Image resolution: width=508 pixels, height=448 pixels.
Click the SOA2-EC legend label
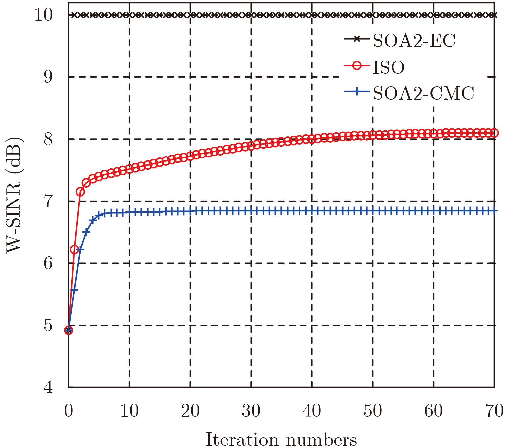414,41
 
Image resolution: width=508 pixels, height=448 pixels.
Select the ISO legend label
389,67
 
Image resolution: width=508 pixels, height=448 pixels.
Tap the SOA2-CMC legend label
423,93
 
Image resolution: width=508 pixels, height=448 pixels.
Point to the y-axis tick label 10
44,15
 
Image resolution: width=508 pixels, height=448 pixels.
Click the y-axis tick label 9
48,77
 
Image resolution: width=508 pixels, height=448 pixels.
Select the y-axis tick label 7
48,201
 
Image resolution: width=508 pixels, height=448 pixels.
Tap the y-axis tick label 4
48,387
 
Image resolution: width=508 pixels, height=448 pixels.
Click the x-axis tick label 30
251,411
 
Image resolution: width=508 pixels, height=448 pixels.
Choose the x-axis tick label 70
494,411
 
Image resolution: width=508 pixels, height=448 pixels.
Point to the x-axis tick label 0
69,411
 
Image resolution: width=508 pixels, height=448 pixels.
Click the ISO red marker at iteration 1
74,249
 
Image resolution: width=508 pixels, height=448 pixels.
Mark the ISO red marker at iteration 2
80,192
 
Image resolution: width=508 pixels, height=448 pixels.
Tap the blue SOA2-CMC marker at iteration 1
74,290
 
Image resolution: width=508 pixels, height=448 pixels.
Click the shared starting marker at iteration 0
69,330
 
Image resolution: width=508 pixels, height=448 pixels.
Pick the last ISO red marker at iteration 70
494,133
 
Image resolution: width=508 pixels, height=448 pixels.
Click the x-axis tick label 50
373,411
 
